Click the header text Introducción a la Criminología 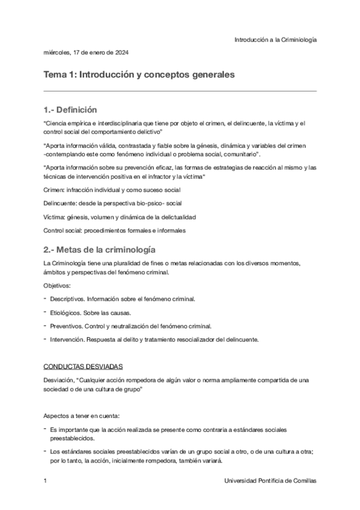point(275,39)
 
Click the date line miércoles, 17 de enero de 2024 point(86,52)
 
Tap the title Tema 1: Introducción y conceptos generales point(138,75)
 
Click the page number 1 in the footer point(46,482)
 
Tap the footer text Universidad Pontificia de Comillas point(270,482)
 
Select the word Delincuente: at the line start point(61,203)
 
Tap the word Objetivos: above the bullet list point(57,286)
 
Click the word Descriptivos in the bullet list point(67,298)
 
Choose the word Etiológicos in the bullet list point(66,312)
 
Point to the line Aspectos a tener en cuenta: point(81,416)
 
